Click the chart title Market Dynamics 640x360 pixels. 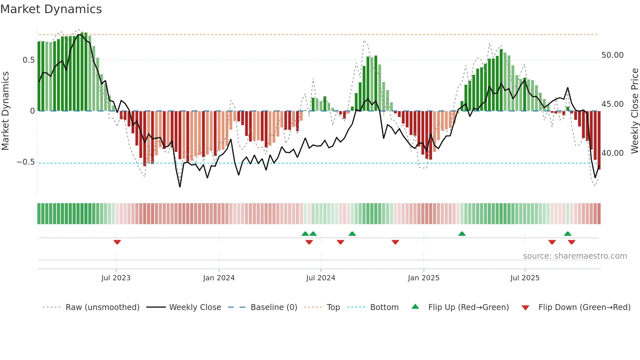coord(51,9)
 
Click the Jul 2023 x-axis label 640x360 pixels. coord(116,278)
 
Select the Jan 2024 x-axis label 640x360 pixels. coord(219,278)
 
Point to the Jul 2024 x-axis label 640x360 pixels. coord(321,278)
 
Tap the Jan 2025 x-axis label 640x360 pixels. coord(424,278)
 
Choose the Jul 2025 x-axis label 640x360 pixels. coord(525,278)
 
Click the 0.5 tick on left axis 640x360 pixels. coord(28,60)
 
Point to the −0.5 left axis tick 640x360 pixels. coord(26,162)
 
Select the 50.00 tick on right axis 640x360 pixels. coord(612,55)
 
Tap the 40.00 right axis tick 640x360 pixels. coord(612,153)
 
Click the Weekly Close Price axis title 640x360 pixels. coord(634,111)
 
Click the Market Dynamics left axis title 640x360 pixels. coord(6,111)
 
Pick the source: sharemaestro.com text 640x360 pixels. coord(575,256)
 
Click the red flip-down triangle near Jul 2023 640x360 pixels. coord(117,242)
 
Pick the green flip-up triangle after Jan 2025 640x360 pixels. coord(462,234)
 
